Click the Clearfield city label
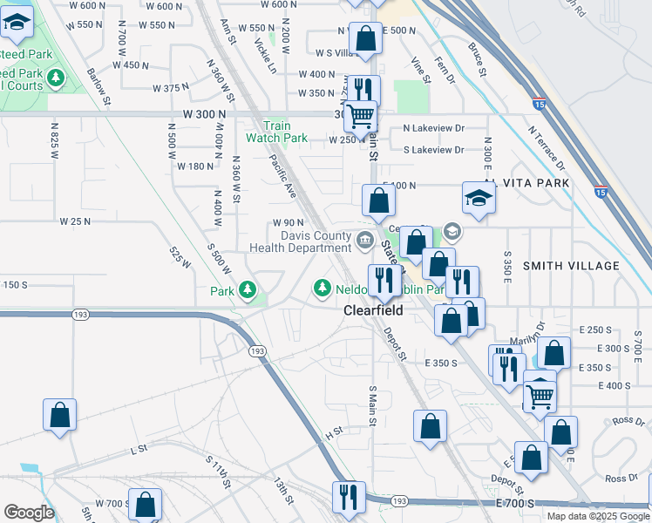[x=371, y=309]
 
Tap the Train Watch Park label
[x=276, y=132]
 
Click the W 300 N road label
[x=204, y=113]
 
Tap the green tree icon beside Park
[x=248, y=289]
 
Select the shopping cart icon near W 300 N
[x=359, y=114]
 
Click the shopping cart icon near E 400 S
[x=540, y=394]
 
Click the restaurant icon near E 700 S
[x=349, y=496]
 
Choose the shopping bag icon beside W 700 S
[x=145, y=504]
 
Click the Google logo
[x=29, y=513]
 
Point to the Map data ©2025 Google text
[x=597, y=516]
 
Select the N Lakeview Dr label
[x=433, y=128]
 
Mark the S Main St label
[x=372, y=406]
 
